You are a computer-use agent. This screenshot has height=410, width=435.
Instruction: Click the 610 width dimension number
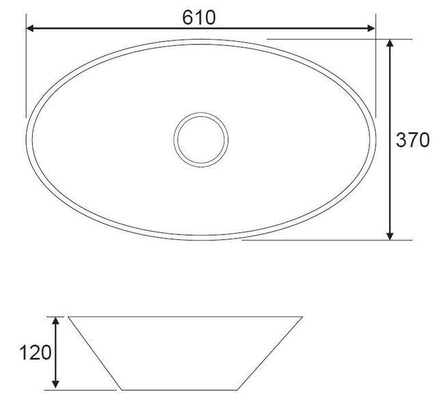[199, 17]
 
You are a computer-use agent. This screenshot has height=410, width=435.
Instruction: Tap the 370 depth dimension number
[412, 140]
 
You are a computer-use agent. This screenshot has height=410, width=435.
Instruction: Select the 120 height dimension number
[36, 353]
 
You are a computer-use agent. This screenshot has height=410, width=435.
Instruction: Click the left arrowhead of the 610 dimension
[29, 28]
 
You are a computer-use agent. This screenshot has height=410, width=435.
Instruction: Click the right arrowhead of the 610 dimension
[371, 28]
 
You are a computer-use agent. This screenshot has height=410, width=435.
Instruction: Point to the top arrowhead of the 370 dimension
[390, 43]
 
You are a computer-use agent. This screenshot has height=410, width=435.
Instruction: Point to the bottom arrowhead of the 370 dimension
[390, 236]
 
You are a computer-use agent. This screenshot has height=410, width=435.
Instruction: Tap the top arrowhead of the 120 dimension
[56, 320]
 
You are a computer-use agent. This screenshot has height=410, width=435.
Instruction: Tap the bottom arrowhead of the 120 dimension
[56, 384]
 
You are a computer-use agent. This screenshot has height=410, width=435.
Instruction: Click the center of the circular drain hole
[201, 139]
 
